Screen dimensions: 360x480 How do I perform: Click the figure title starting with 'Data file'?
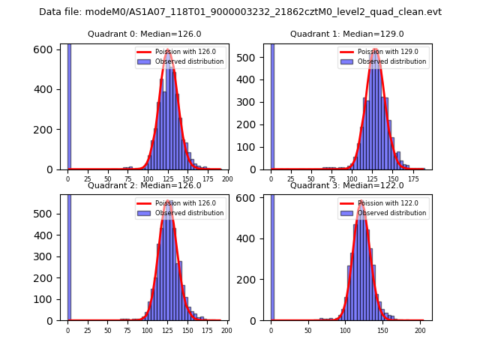[240, 12]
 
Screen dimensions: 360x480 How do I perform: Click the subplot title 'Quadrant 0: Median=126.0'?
[144, 34]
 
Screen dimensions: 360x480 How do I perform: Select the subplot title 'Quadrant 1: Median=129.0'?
[347, 34]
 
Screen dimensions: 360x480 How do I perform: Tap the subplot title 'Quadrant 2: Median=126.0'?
[144, 185]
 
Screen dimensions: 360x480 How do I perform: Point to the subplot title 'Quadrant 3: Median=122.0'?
[347, 185]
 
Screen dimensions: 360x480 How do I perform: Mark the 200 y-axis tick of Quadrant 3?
[253, 280]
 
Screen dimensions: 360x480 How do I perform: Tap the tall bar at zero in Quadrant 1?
[272, 106]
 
